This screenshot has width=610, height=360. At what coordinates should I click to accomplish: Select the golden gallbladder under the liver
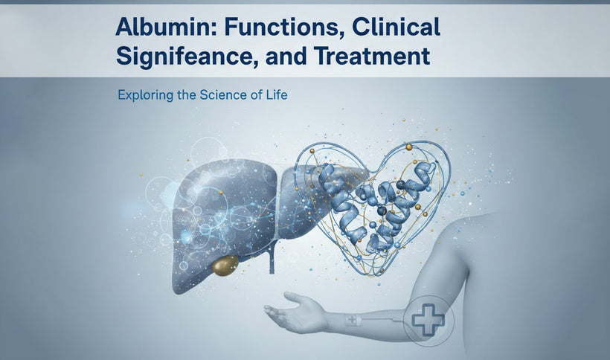(x=225, y=266)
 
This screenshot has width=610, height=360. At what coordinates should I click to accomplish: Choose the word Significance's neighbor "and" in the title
(x=284, y=57)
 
